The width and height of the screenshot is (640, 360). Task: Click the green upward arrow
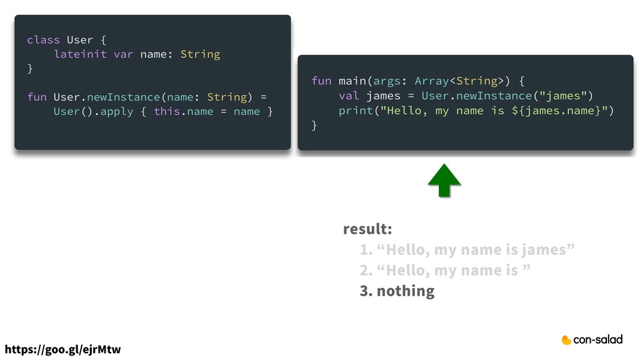(x=444, y=181)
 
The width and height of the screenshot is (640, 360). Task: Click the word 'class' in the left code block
(x=43, y=40)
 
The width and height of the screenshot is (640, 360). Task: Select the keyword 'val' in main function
(x=349, y=96)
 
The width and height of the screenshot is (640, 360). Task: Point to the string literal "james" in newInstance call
(x=563, y=96)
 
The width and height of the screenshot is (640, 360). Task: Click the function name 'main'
(x=352, y=81)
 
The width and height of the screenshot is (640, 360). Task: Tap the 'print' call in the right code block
(x=355, y=111)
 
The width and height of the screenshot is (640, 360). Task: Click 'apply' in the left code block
(x=113, y=112)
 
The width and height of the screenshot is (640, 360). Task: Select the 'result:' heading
(x=367, y=229)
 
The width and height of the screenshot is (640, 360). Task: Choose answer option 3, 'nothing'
(x=397, y=291)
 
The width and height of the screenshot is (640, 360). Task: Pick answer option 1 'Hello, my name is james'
(x=467, y=250)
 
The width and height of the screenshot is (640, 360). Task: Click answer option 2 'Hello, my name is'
(x=445, y=270)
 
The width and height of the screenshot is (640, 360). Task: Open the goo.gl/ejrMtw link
(x=62, y=349)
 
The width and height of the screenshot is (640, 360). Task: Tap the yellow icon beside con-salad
(x=566, y=340)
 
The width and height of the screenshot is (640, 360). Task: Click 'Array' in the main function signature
(x=432, y=81)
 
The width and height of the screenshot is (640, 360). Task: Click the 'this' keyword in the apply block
(x=167, y=112)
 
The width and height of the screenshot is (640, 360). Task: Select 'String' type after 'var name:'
(x=200, y=54)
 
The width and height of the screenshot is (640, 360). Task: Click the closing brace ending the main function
(x=314, y=126)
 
